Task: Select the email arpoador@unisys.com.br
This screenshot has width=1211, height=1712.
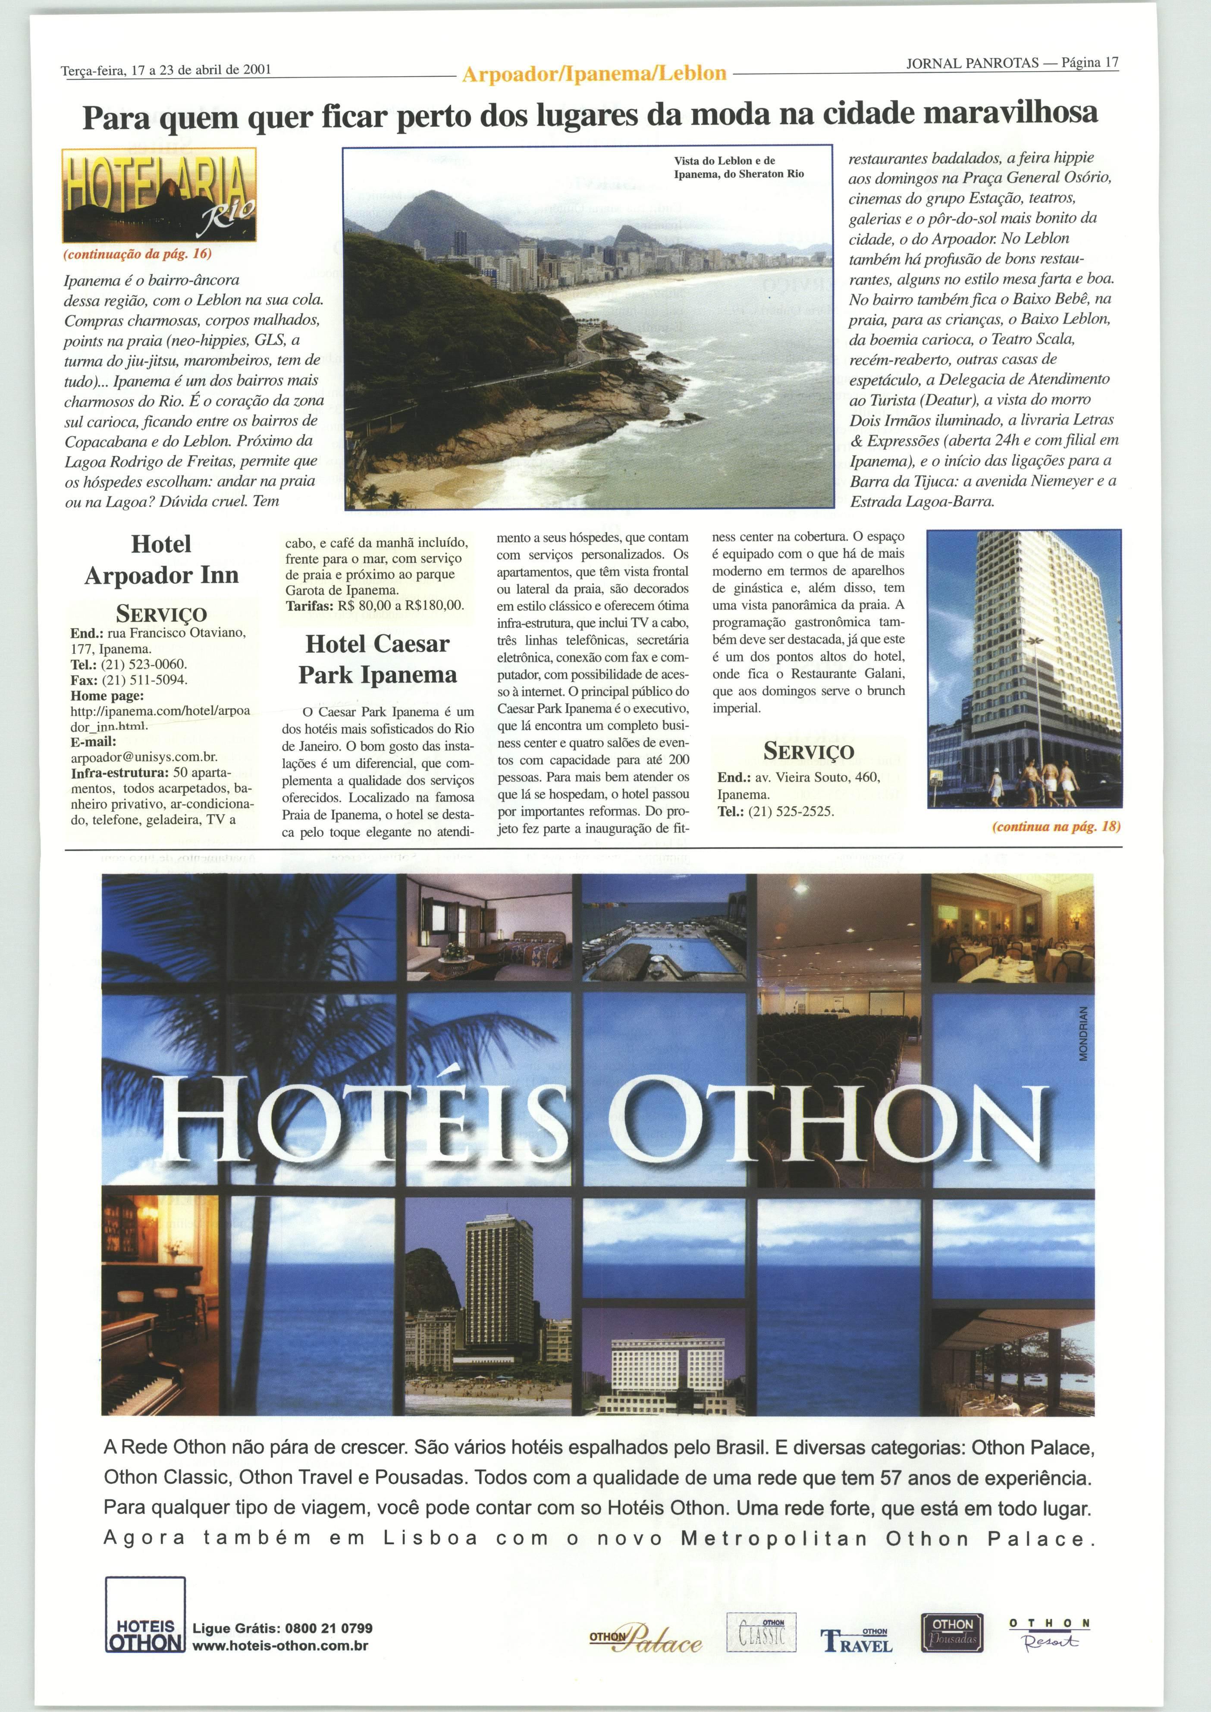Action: (x=144, y=757)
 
